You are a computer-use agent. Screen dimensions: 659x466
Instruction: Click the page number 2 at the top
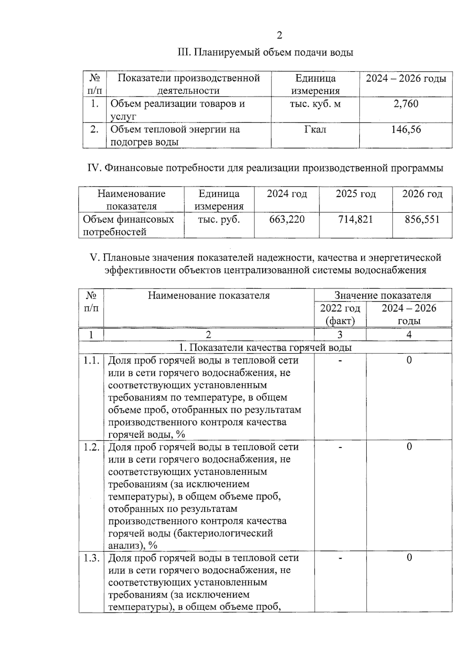point(279,36)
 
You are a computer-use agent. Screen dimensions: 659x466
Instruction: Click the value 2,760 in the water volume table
point(406,104)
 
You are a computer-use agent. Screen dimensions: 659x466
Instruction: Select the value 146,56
point(406,129)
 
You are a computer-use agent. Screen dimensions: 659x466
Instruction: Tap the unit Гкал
point(315,129)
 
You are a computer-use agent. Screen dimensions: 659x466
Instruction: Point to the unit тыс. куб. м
point(315,104)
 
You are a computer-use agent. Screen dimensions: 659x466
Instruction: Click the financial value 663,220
point(287,219)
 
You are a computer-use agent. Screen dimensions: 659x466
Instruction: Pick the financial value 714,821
point(356,219)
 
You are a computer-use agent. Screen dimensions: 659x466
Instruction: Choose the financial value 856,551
point(422,219)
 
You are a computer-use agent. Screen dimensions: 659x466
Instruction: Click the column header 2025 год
point(356,194)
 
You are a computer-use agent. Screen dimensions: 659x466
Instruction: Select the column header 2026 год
point(422,194)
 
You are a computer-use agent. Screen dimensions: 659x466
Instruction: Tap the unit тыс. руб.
point(219,219)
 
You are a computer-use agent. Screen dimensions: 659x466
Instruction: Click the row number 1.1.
point(91,360)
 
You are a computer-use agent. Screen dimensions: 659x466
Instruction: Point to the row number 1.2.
point(91,447)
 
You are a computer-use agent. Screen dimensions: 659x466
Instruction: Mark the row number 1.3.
point(91,558)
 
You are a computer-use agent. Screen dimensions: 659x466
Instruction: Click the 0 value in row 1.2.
point(409,447)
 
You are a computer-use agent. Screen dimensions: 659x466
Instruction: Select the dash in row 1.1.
point(340,361)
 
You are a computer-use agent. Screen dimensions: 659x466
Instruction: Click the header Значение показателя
point(383,296)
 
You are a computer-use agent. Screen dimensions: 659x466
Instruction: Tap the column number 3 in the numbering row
point(340,335)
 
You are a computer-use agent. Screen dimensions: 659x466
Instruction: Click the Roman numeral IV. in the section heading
point(94,168)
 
